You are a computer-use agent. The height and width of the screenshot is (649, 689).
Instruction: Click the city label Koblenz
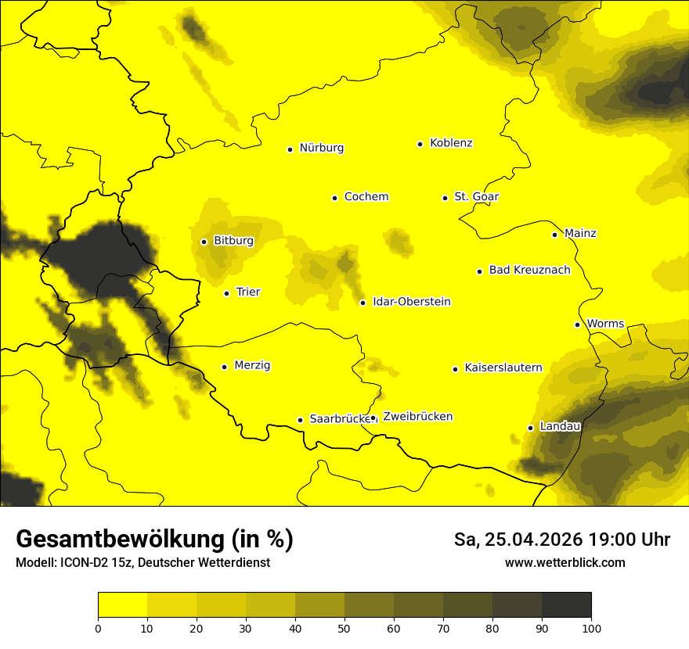pos(451,143)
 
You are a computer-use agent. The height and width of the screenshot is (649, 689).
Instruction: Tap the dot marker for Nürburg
pos(290,149)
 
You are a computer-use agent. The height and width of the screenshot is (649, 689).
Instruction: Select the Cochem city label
pos(366,197)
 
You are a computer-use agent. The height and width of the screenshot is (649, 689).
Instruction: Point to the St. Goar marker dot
pos(445,198)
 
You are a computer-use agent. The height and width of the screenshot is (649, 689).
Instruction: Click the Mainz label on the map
pos(580,234)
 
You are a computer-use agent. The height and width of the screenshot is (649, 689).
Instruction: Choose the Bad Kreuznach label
pos(529,271)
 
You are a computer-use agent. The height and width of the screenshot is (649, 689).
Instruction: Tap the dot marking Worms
pos(577,324)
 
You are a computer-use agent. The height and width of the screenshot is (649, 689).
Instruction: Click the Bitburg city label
pos(233,241)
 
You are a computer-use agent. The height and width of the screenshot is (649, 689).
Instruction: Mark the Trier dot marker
pos(226,293)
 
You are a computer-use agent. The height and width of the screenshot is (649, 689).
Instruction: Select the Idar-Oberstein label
pos(411,302)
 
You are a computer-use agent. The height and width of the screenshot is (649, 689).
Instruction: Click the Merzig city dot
pos(224,367)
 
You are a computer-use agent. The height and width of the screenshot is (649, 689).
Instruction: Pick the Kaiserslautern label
pos(503,368)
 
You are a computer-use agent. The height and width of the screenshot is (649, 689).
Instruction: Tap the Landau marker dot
pos(530,428)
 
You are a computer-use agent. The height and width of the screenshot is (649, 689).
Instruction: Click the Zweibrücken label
pos(417,417)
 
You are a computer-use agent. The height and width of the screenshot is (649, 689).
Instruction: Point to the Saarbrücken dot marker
pos(300,420)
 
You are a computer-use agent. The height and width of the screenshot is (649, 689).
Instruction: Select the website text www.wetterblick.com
pos(565,563)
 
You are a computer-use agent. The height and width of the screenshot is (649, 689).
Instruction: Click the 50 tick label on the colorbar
pos(344,627)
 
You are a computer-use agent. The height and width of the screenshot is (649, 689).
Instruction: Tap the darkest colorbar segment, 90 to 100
pos(566,605)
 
